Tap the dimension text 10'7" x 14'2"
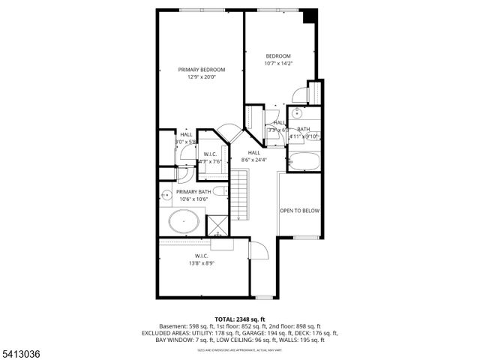coord(278,64)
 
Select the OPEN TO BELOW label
coord(300,211)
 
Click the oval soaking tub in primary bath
coord(183,222)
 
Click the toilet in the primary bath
coord(219,191)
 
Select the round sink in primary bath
coord(166,196)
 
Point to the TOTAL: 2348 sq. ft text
coord(240,319)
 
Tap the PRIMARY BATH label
coord(193,192)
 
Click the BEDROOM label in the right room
coord(278,56)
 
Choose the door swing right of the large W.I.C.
coord(256,252)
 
